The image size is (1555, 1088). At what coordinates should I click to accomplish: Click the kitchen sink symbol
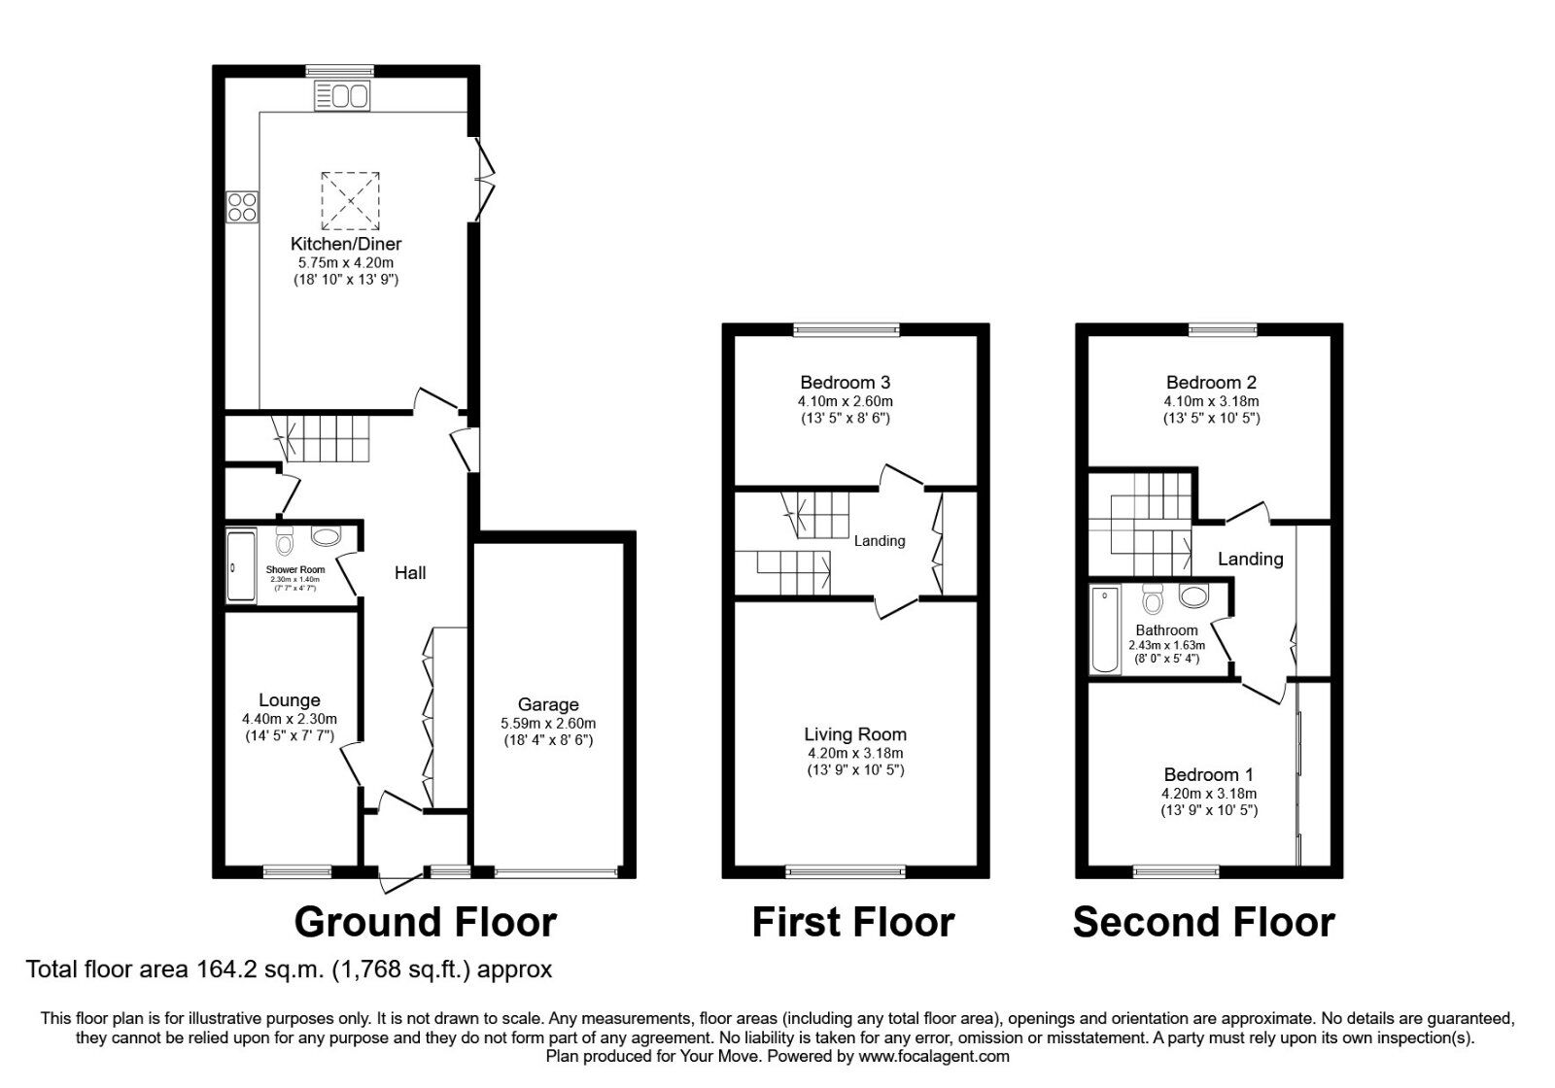pyautogui.click(x=341, y=96)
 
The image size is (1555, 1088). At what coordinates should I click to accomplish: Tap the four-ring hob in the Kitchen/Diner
pyautogui.click(x=243, y=207)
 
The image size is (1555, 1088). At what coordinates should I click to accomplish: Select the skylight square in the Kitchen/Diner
pyautogui.click(x=350, y=200)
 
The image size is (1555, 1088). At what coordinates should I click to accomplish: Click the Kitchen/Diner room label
pyautogui.click(x=346, y=244)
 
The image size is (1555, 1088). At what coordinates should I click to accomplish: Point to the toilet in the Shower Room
pyautogui.click(x=285, y=541)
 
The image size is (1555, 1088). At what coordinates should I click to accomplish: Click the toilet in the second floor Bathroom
pyautogui.click(x=1154, y=599)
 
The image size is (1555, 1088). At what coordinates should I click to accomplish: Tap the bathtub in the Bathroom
pyautogui.click(x=1105, y=629)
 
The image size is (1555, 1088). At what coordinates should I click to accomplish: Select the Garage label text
pyautogui.click(x=548, y=704)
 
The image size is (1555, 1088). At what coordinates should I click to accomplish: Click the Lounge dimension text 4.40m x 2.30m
pyautogui.click(x=290, y=719)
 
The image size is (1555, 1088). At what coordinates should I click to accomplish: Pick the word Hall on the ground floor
pyautogui.click(x=410, y=573)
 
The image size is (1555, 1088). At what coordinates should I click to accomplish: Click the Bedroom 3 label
pyautogui.click(x=846, y=383)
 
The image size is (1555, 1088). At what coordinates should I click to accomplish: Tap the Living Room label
pyautogui.click(x=855, y=734)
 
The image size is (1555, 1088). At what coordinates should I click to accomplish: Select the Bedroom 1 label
pyautogui.click(x=1209, y=774)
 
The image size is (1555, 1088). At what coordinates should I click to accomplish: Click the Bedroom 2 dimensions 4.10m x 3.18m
pyautogui.click(x=1211, y=401)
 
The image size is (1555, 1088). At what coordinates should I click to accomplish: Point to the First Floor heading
pyautogui.click(x=853, y=922)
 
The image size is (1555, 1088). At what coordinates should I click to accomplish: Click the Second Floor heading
pyautogui.click(x=1203, y=922)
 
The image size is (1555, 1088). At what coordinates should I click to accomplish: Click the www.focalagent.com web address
pyautogui.click(x=933, y=1056)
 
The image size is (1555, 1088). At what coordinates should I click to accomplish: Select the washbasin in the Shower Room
pyautogui.click(x=326, y=536)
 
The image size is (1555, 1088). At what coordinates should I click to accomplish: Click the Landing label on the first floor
pyautogui.click(x=880, y=541)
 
